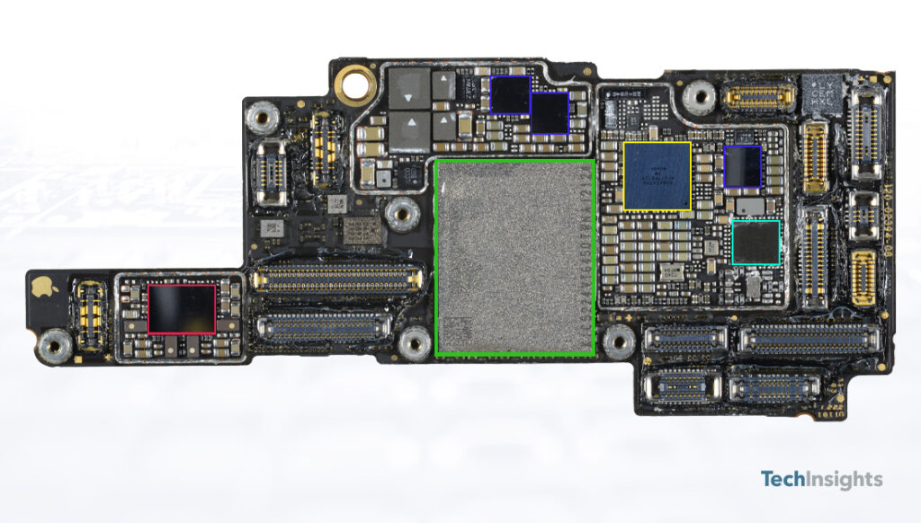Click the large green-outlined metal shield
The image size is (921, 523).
coord(514,258)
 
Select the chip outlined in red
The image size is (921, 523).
coord(182,308)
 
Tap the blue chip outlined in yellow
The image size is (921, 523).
coord(657,176)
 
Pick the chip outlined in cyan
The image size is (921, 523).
coord(756,243)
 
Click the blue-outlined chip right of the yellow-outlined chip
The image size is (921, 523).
coord(743,166)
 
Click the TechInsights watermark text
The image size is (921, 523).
coord(821,479)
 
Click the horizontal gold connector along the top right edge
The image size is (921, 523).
coord(760,94)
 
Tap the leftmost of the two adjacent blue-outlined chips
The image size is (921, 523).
coord(509,94)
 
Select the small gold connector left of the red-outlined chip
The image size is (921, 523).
coord(90,315)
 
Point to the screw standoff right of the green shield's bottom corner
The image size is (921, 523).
coord(618,341)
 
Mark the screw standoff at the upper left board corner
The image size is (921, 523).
coord(263,115)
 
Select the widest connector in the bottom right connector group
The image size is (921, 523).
coord(808,339)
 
